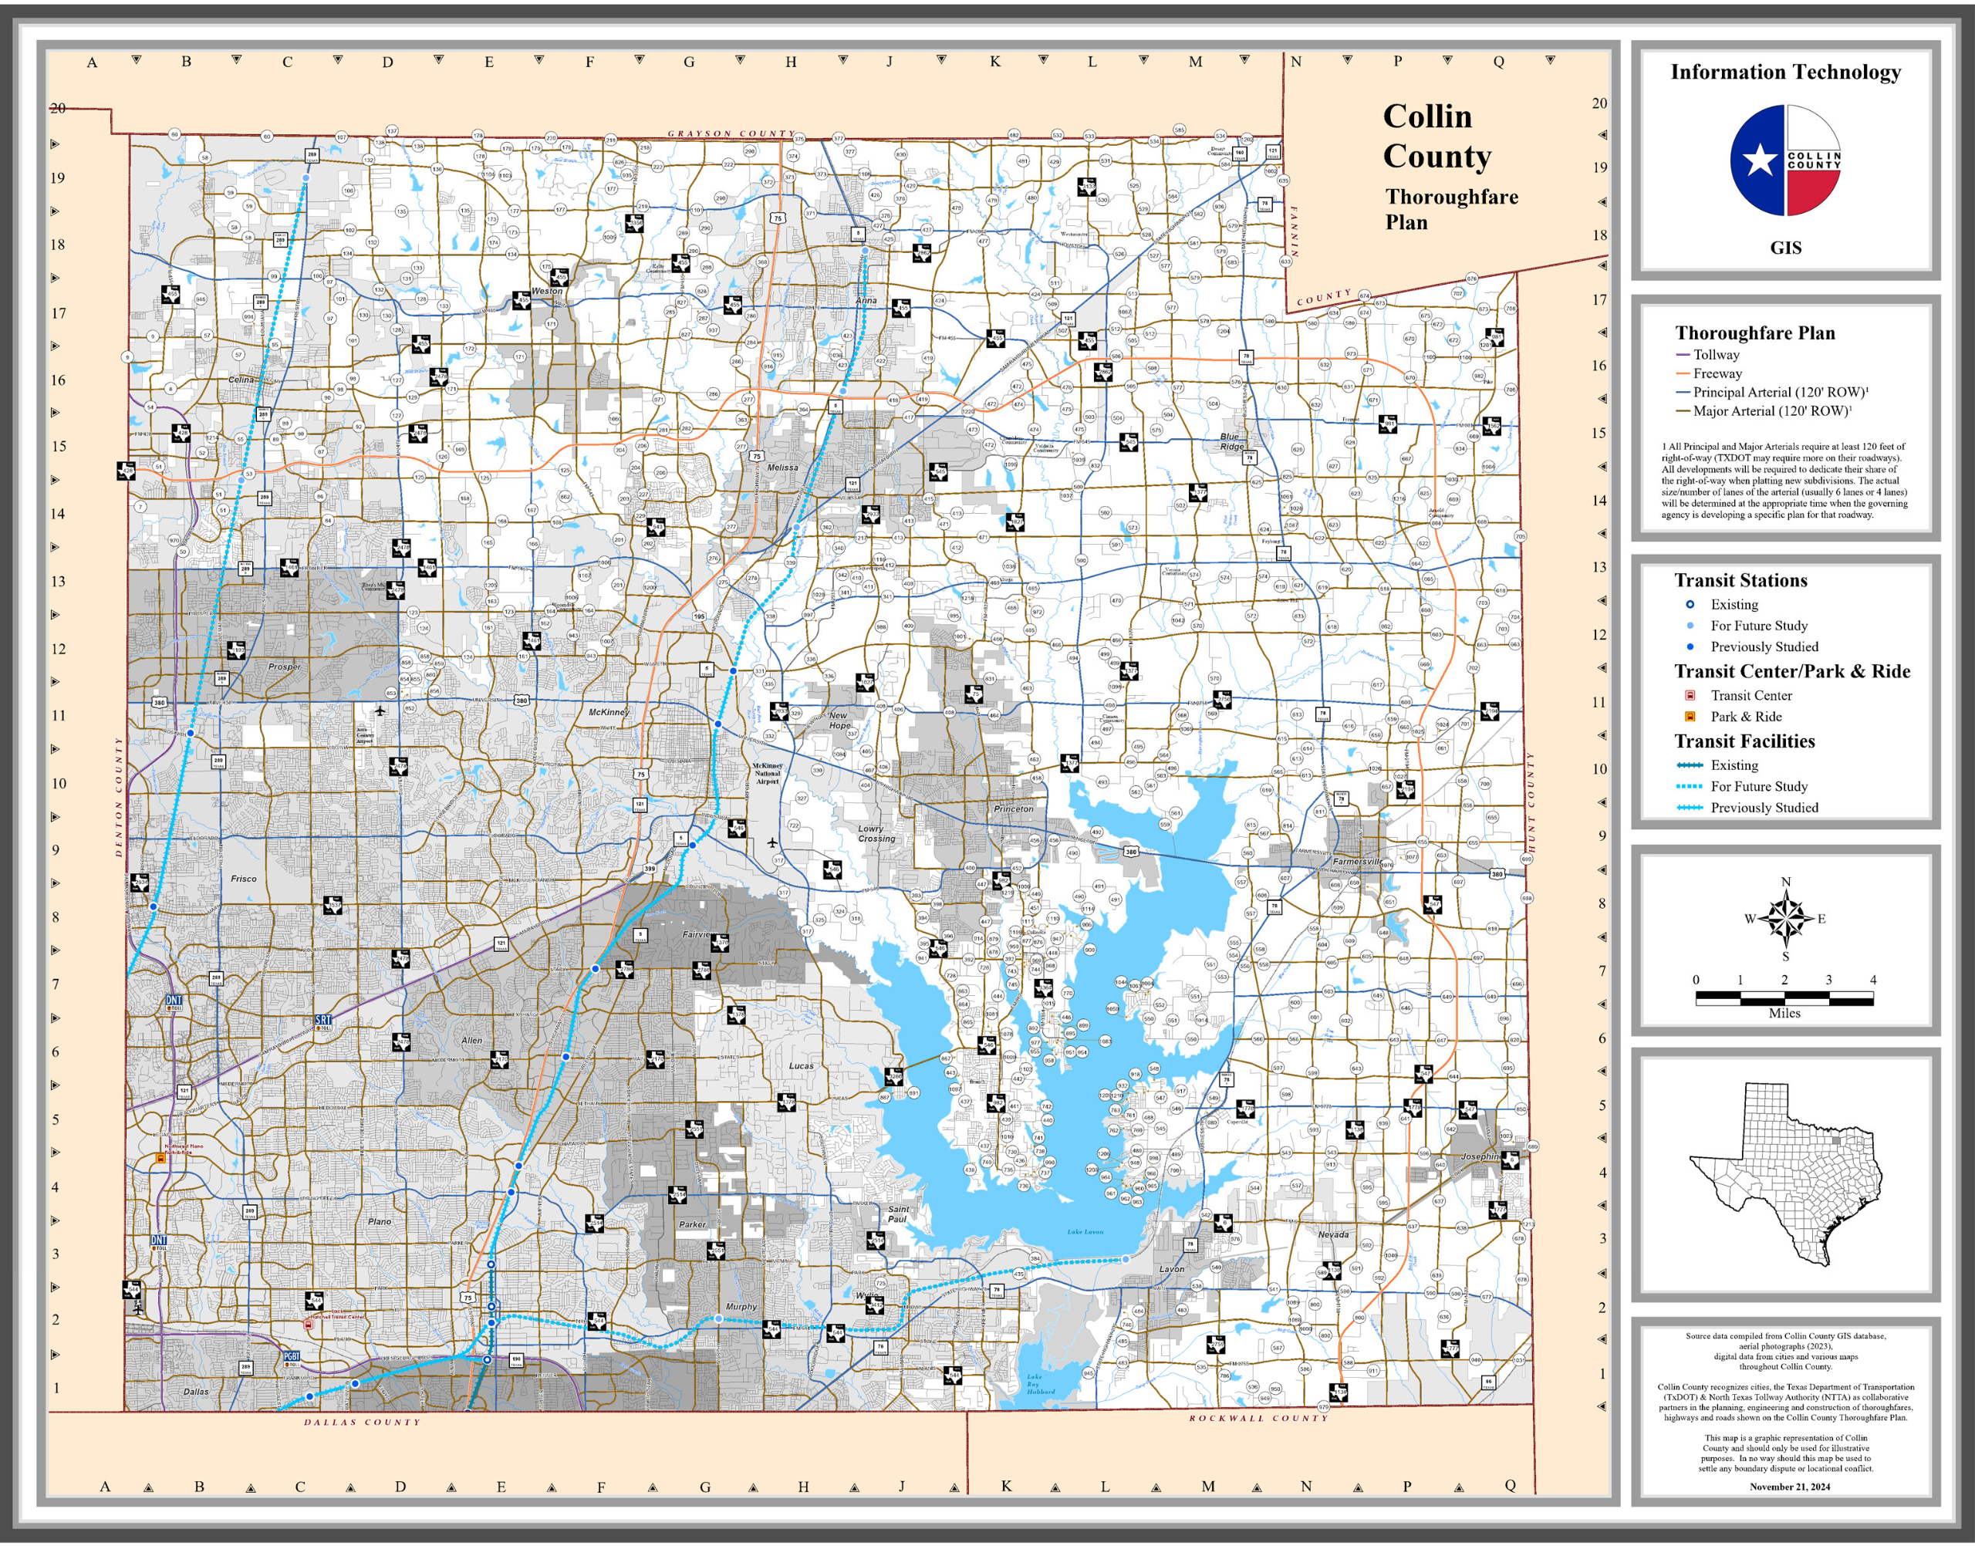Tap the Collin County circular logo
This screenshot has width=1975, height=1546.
pyautogui.click(x=1785, y=160)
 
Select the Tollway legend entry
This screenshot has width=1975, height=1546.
pyautogui.click(x=1715, y=355)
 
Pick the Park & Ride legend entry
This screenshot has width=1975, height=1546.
pyautogui.click(x=1745, y=716)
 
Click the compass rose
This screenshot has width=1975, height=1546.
pyautogui.click(x=1785, y=918)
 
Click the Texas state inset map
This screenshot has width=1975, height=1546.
pyautogui.click(x=1785, y=1175)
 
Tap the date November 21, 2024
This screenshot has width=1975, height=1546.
pyautogui.click(x=1789, y=1487)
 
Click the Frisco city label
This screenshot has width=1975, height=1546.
pyautogui.click(x=244, y=878)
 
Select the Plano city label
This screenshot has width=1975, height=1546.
pyautogui.click(x=380, y=1221)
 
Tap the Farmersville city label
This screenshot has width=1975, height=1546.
pyautogui.click(x=1356, y=862)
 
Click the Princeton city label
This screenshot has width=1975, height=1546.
pyautogui.click(x=1013, y=808)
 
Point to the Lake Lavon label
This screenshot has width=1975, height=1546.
pyautogui.click(x=1085, y=1232)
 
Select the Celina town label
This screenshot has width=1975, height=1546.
pyautogui.click(x=241, y=380)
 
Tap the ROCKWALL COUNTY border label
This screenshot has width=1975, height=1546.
pyautogui.click(x=1258, y=1417)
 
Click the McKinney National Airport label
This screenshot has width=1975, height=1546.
pyautogui.click(x=768, y=773)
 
